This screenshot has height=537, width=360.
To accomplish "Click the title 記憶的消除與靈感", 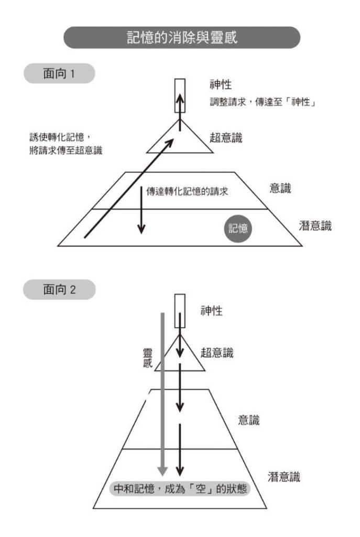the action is tap(182, 37).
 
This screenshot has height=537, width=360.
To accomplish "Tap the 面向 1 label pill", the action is tap(59, 73).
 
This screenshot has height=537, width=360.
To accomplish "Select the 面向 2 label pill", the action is tap(59, 289).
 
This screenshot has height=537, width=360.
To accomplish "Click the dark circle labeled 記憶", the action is tap(238, 229).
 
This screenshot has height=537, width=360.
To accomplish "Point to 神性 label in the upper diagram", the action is tap(221, 84).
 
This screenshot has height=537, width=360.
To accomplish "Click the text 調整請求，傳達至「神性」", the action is tap(263, 102).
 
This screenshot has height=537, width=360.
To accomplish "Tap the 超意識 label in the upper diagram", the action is tap(226, 138).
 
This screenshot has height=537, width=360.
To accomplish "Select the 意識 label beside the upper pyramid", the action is tap(280, 188).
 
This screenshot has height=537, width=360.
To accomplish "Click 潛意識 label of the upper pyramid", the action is tap(315, 225).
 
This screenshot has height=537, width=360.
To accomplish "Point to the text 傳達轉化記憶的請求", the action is tap(187, 191).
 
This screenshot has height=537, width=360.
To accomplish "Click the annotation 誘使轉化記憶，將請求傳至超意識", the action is tap(66, 144).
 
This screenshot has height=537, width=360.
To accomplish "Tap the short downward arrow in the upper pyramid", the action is tap(141, 210).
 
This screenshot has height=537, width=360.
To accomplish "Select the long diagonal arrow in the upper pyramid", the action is tap(129, 188).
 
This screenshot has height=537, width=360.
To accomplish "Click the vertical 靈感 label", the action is tap(147, 358).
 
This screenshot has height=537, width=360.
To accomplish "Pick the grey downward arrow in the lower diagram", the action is tap(162, 394).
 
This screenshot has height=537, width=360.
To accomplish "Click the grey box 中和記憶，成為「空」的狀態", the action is tap(180, 488).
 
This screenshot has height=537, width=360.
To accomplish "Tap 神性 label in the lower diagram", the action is tap(212, 310).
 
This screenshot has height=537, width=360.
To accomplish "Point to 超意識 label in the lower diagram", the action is tap(217, 352).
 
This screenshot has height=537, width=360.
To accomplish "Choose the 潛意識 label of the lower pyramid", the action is tap(283, 477).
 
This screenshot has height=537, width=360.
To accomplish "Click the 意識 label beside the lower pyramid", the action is tap(249, 420).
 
